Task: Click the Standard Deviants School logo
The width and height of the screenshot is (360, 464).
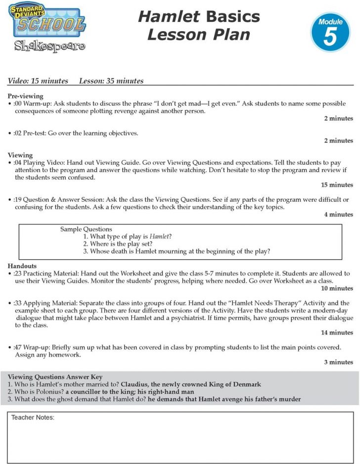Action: click(x=46, y=21)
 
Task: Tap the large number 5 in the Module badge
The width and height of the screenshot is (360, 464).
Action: click(x=330, y=37)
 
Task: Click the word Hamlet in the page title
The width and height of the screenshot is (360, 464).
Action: click(x=169, y=16)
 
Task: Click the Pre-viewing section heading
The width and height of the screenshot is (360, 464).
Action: click(x=26, y=96)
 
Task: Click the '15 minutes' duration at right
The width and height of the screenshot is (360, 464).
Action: click(x=337, y=185)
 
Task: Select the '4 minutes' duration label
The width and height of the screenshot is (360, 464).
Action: click(x=339, y=214)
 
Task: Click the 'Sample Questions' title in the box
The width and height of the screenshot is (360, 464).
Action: click(x=86, y=229)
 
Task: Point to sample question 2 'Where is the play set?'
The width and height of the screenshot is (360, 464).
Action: click(x=117, y=244)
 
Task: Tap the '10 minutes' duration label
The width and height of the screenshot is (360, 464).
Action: click(x=337, y=288)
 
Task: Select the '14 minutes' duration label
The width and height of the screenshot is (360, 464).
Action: click(x=337, y=332)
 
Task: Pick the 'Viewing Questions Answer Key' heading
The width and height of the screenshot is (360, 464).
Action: click(x=55, y=377)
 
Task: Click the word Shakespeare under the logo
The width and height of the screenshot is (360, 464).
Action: click(x=49, y=46)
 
